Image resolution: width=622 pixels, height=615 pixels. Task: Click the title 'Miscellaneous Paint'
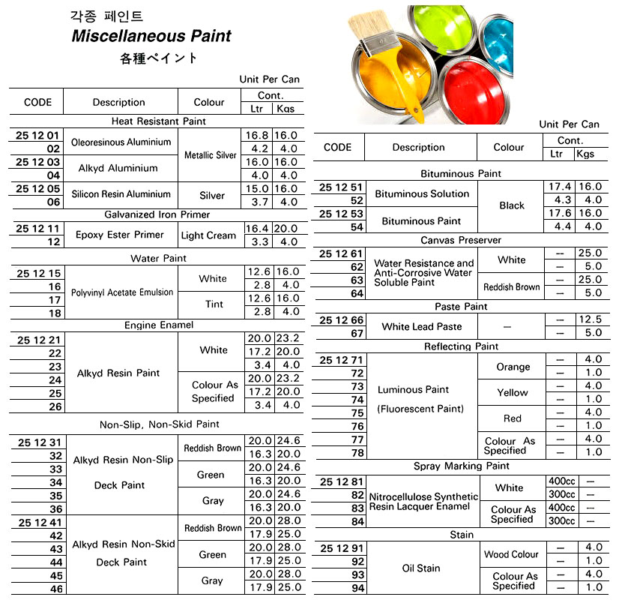point(151,36)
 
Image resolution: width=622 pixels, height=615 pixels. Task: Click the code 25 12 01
point(37,136)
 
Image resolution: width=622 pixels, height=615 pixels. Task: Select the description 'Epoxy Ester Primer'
point(119,235)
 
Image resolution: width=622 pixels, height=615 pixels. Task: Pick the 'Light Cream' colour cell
point(208,235)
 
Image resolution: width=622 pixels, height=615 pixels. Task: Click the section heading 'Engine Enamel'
point(159,325)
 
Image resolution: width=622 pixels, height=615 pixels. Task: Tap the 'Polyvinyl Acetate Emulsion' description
point(122,292)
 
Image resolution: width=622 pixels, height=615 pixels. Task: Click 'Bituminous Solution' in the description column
point(422,193)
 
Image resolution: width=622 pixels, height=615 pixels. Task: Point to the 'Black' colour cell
point(512,205)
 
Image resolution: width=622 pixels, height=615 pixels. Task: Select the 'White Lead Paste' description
point(421,326)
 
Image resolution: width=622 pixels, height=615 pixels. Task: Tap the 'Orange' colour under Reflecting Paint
point(513,367)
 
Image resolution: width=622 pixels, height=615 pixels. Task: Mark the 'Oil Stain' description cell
point(421,568)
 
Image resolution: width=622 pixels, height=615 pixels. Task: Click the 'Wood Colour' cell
point(511,555)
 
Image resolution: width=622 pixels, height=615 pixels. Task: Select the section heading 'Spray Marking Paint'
point(461,466)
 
